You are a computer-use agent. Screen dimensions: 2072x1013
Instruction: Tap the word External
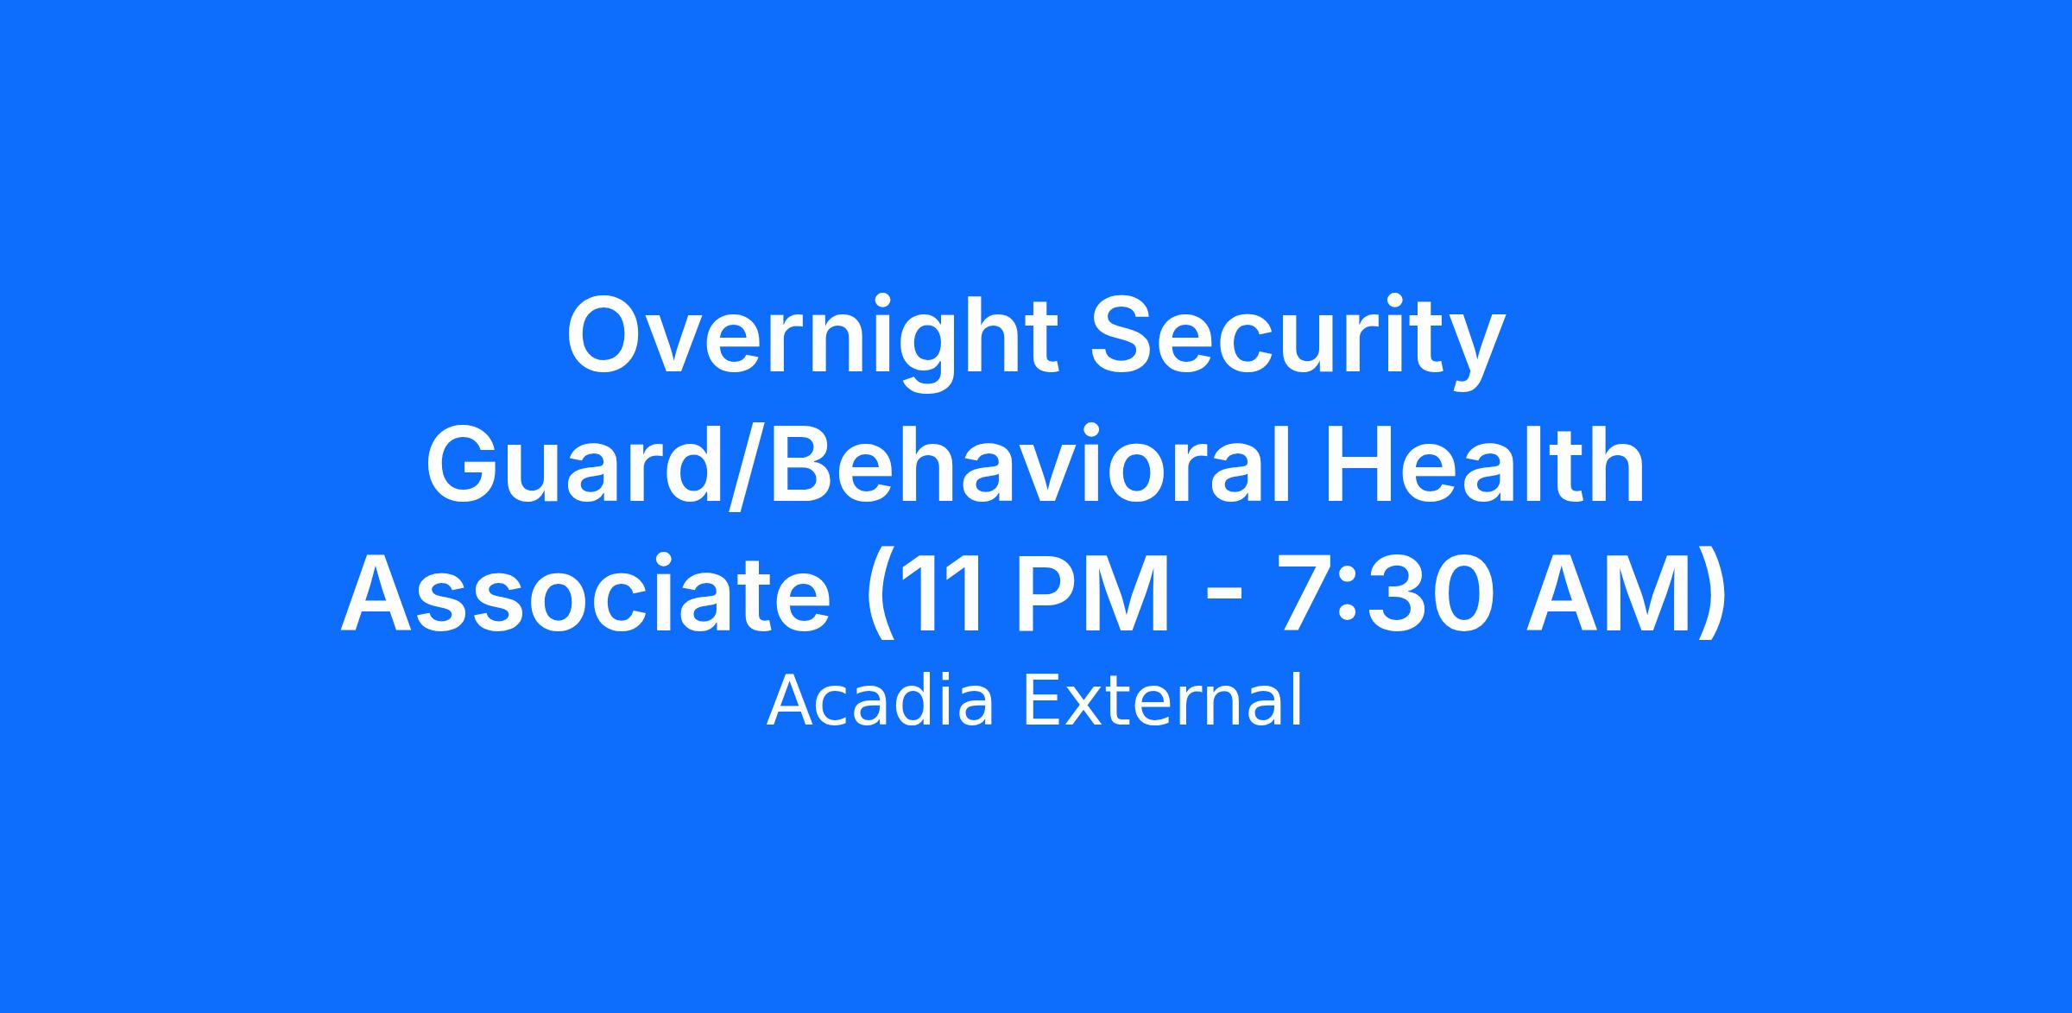[1162, 701]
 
